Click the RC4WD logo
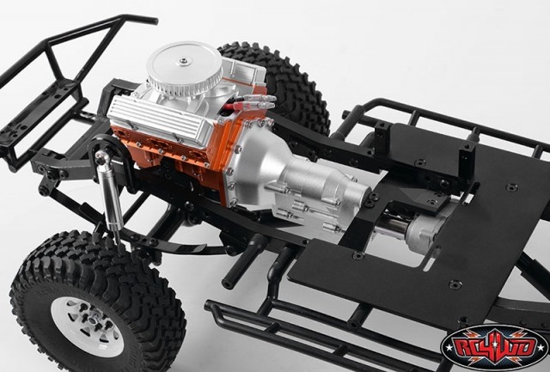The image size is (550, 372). tap(493, 345)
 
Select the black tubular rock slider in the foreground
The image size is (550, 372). tap(284, 331)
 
